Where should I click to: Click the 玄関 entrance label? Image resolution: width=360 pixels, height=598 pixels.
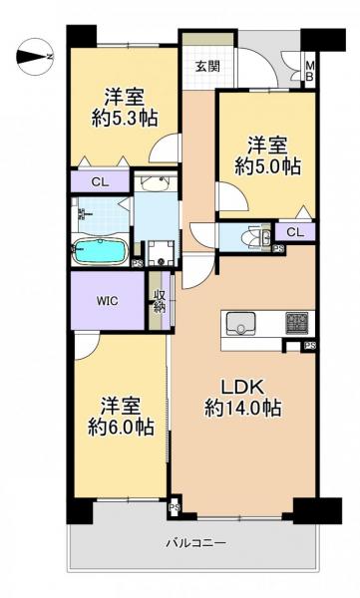[x=206, y=68]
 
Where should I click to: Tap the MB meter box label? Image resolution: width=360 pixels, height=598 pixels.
[x=309, y=73]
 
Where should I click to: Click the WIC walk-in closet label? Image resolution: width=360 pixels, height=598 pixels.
[x=109, y=299]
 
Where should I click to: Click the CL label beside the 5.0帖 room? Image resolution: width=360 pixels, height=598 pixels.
[x=294, y=232]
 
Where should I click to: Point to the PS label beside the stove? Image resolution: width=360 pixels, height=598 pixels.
[x=310, y=347]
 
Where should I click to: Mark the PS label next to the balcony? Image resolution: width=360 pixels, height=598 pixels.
[x=175, y=508]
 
